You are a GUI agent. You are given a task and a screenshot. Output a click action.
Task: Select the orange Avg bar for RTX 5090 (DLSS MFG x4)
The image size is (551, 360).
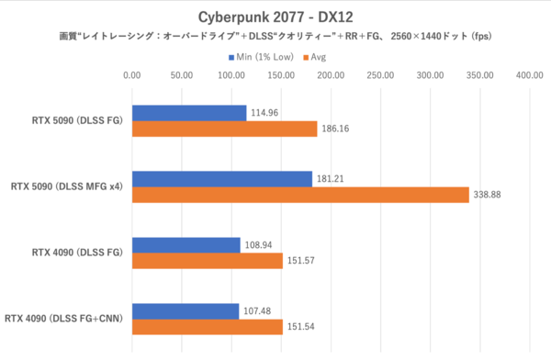(300, 195)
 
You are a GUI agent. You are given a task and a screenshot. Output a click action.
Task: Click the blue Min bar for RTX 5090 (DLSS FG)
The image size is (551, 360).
(189, 113)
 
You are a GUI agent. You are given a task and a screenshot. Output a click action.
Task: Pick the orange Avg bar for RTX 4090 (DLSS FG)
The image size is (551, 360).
(208, 260)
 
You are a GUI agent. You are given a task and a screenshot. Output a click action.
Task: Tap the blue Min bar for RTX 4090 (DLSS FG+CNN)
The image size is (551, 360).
(186, 310)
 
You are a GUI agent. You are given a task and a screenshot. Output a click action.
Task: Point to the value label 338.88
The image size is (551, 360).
(492, 195)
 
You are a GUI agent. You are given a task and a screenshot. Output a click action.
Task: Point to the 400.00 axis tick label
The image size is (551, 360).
(529, 76)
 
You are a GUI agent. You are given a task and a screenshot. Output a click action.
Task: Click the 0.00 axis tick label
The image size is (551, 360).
(132, 76)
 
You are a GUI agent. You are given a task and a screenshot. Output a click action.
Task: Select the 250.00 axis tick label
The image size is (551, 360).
(380, 76)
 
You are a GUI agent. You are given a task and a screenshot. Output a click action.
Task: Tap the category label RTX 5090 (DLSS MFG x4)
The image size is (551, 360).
(67, 186)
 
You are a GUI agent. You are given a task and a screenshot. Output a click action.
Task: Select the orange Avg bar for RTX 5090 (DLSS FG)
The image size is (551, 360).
(224, 129)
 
